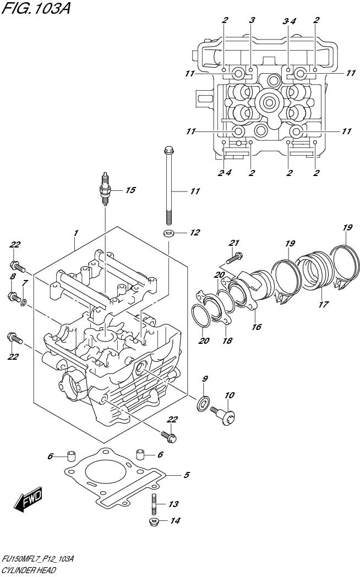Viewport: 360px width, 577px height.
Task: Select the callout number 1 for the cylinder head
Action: [x=76, y=233]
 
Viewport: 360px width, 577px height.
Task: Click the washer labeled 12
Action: [x=170, y=233]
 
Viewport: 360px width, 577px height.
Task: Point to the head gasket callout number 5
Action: [x=187, y=475]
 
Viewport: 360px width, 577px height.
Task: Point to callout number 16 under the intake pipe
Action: [x=256, y=327]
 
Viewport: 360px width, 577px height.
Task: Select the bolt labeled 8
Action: [x=12, y=298]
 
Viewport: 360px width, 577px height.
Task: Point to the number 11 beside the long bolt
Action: [x=195, y=191]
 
